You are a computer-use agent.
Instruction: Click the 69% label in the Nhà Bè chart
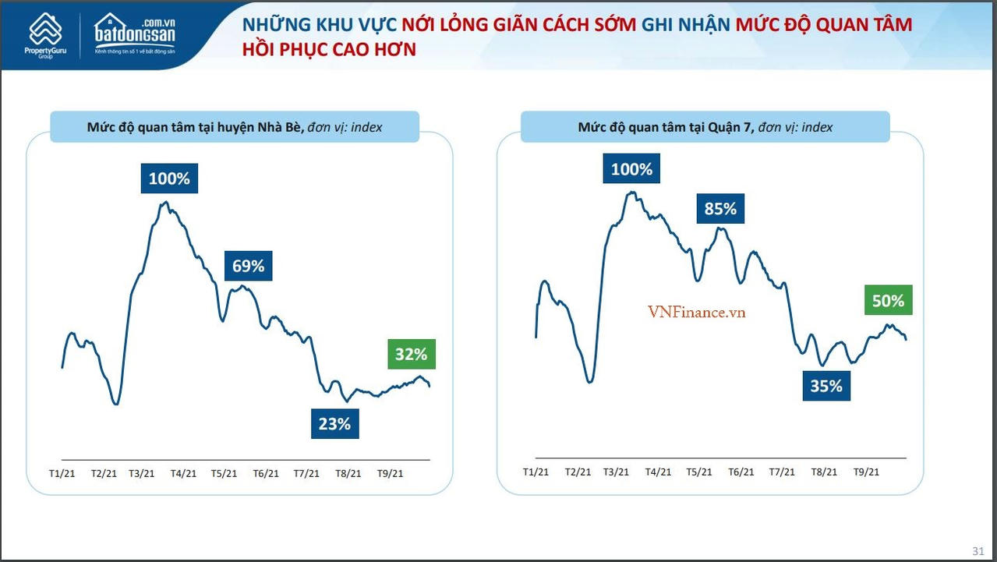(x=249, y=266)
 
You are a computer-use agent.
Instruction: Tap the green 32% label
(x=411, y=354)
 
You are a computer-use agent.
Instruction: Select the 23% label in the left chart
(x=334, y=424)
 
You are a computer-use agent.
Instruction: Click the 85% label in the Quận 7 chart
(x=719, y=208)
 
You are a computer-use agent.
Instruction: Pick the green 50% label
(x=888, y=301)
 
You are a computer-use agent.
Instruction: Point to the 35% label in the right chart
(x=826, y=386)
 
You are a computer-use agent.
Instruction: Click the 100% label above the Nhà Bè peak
(x=169, y=178)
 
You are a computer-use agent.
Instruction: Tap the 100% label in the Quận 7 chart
(x=631, y=169)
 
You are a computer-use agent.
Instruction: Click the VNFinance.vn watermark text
(x=696, y=312)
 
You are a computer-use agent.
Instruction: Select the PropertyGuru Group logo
(x=45, y=36)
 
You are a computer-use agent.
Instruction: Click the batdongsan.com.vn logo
(x=135, y=34)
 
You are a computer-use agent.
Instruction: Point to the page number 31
(x=978, y=550)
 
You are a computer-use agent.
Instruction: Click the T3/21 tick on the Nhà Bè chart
(x=141, y=474)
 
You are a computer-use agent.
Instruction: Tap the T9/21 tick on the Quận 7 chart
(x=866, y=472)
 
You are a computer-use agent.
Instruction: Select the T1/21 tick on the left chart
(x=62, y=474)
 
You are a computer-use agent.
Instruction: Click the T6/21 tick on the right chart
(x=741, y=472)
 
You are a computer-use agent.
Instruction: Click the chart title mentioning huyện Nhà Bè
(x=235, y=127)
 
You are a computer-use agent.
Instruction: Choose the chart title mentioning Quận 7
(x=705, y=127)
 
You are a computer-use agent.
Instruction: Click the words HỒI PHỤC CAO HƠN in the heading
(x=330, y=50)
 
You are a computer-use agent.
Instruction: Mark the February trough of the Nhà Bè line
(x=116, y=403)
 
